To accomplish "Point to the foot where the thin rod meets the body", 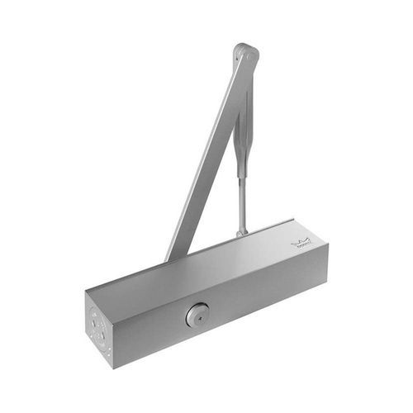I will (240, 234).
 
